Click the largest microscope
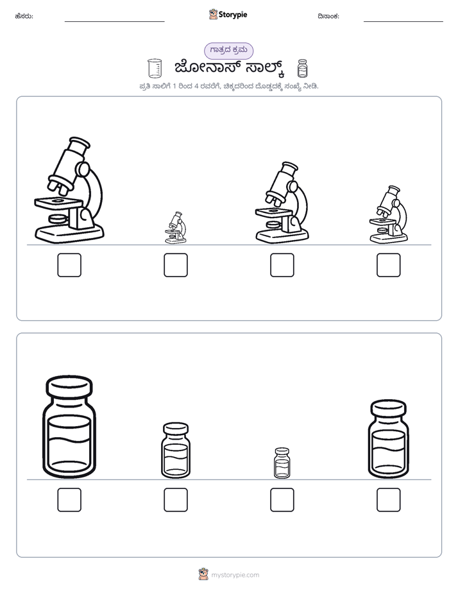pos(69,190)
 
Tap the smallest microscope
pos(176,227)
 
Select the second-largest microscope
pos(282,202)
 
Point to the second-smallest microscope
pos(389,214)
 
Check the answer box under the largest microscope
pos(69,265)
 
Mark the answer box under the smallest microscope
pos(176,265)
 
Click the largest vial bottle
pos(69,427)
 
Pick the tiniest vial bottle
pos(282,463)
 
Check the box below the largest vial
pos(69,500)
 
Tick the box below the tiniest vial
pos(282,500)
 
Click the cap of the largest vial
pos(69,386)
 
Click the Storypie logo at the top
pos(228,14)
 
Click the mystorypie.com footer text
pos(235,575)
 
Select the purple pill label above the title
pos(228,51)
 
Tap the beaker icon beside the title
pos(155,69)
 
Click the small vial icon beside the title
pos(302,69)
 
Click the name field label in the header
pos(24,16)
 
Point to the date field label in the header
pos(328,16)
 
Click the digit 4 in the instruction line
pos(196,86)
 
